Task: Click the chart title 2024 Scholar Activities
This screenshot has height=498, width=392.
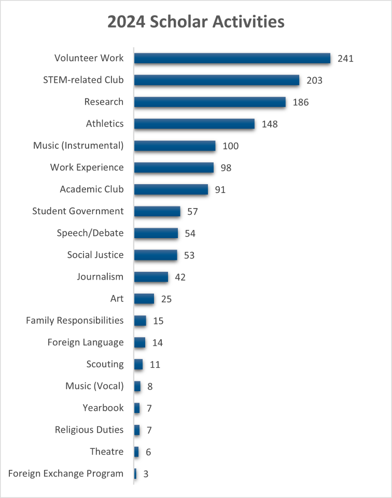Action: pyautogui.click(x=196, y=22)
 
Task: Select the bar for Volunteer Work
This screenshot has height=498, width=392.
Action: pyautogui.click(x=232, y=58)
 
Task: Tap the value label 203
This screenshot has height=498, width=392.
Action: pyautogui.click(x=314, y=80)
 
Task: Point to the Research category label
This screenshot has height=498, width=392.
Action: pyautogui.click(x=104, y=102)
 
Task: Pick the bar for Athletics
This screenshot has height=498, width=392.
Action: pyautogui.click(x=194, y=124)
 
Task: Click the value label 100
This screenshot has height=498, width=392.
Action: pyautogui.click(x=230, y=146)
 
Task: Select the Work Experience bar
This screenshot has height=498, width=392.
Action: pyautogui.click(x=174, y=168)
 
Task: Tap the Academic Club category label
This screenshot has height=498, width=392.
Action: pyautogui.click(x=92, y=189)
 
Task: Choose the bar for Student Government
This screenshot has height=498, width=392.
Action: pyautogui.click(x=157, y=212)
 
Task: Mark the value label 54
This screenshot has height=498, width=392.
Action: pyautogui.click(x=190, y=233)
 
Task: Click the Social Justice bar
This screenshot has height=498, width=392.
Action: pyautogui.click(x=156, y=255)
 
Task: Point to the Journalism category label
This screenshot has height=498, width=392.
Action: pyautogui.click(x=100, y=276)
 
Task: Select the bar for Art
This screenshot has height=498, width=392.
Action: pyautogui.click(x=144, y=299)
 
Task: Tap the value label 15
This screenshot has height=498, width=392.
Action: pyautogui.click(x=158, y=321)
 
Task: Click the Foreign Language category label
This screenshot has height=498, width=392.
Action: pyautogui.click(x=86, y=342)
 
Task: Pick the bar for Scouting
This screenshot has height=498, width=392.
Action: pyautogui.click(x=138, y=365)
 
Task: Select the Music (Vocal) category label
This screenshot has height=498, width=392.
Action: pyautogui.click(x=94, y=386)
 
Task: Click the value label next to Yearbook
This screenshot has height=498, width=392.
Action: pyautogui.click(x=149, y=408)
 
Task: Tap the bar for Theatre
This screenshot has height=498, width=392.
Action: pyautogui.click(x=136, y=452)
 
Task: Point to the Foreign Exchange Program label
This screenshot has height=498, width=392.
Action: pyautogui.click(x=66, y=474)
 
